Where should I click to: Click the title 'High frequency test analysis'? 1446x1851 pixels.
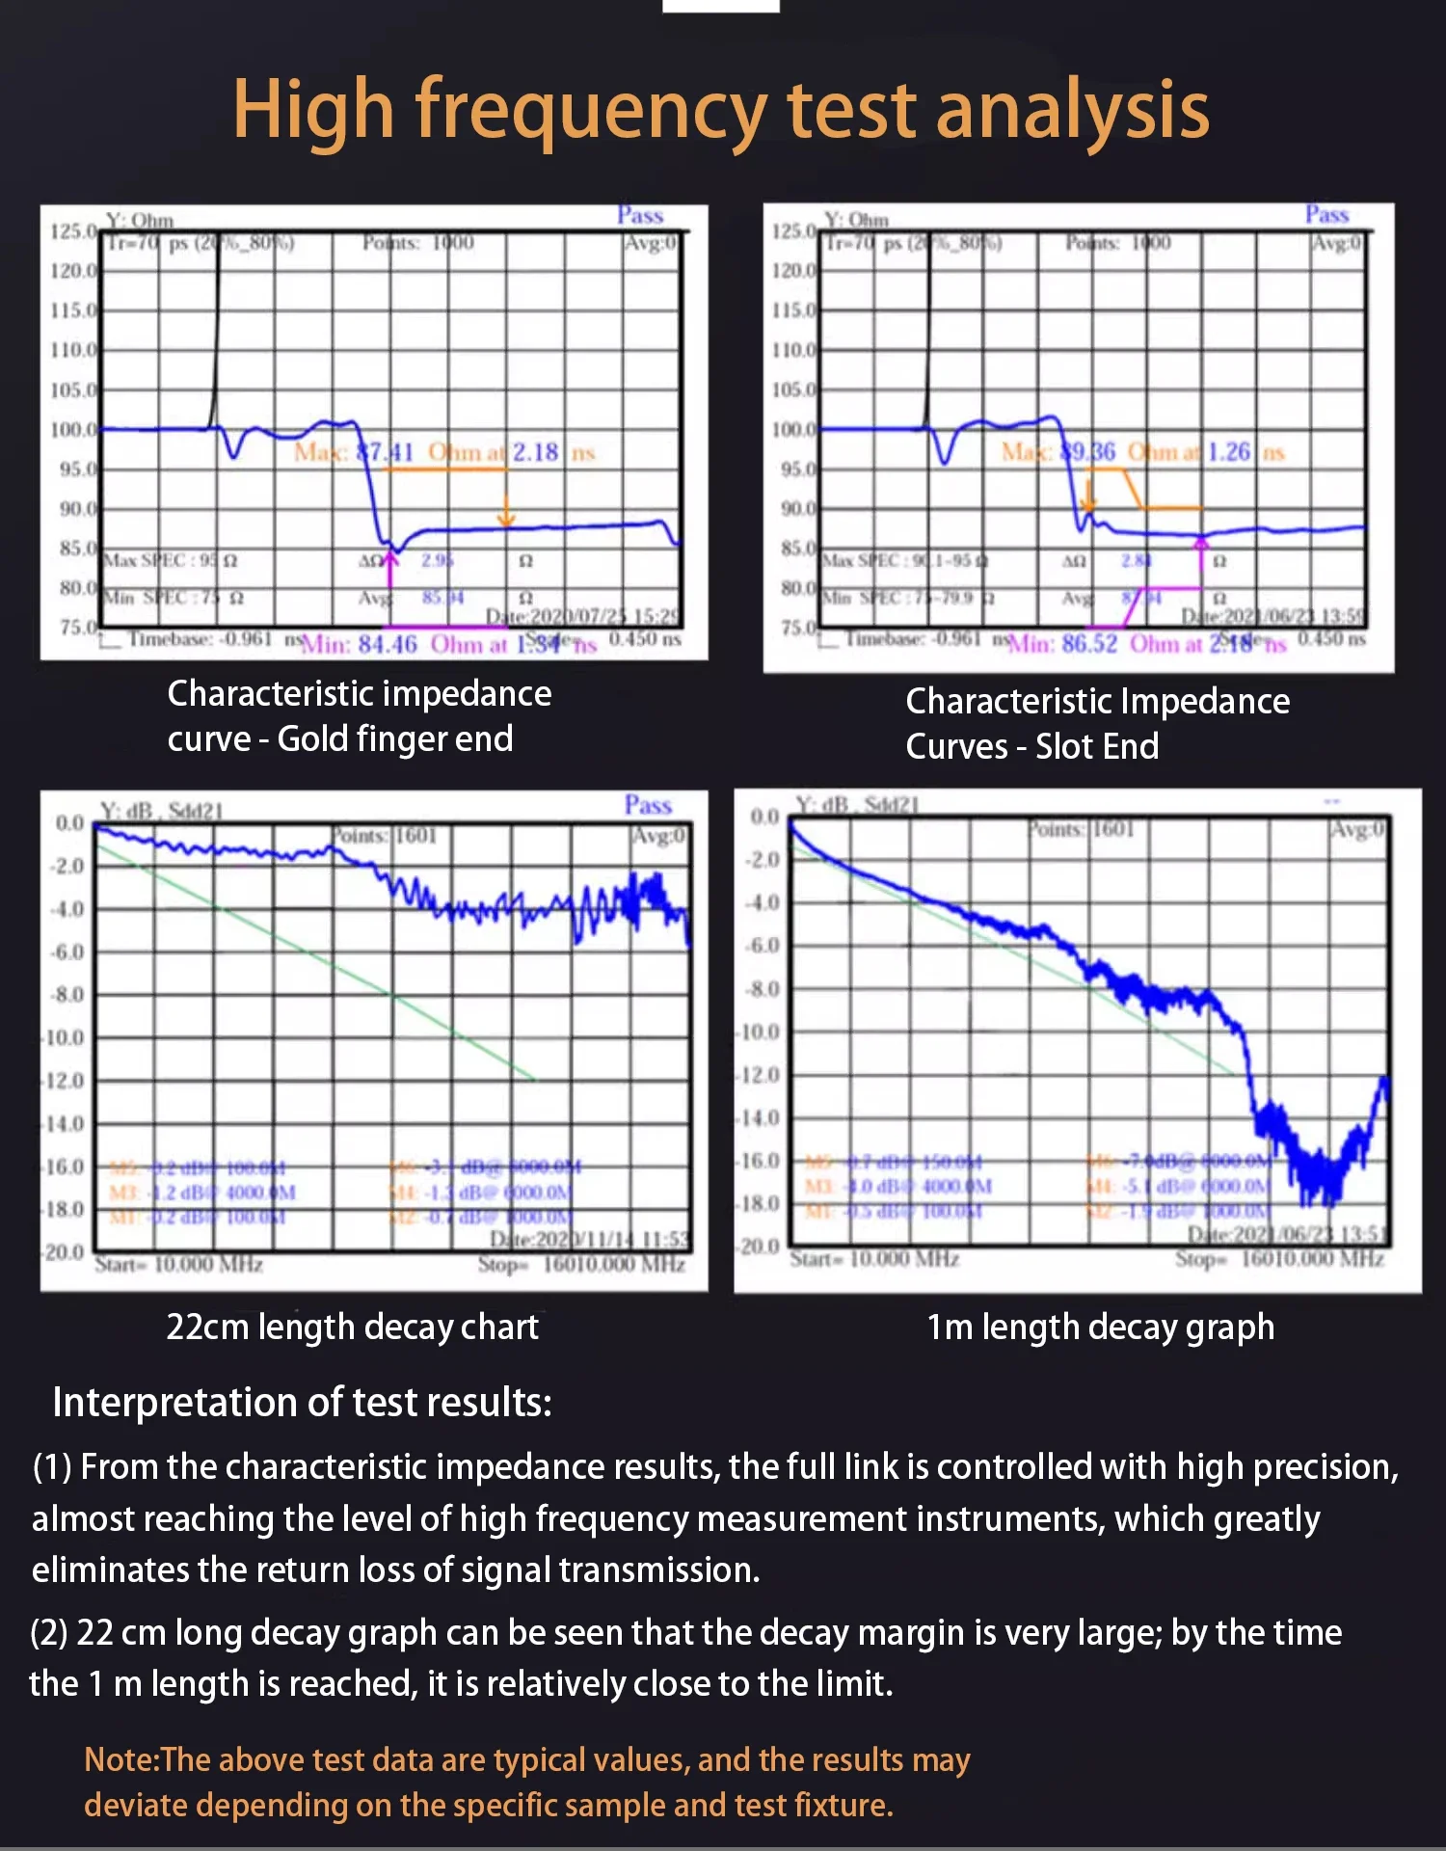click(721, 110)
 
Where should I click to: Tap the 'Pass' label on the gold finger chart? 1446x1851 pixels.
click(640, 215)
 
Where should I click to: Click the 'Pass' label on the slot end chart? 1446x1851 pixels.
click(1326, 214)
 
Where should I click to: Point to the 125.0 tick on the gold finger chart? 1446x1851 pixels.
click(73, 231)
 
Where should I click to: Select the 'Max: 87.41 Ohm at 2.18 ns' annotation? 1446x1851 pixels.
click(444, 452)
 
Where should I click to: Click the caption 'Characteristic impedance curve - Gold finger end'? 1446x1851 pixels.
click(359, 715)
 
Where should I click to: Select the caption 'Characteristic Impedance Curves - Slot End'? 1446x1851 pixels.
click(1097, 723)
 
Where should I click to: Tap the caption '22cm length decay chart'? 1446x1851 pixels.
click(352, 1328)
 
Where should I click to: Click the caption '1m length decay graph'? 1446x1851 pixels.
click(1100, 1328)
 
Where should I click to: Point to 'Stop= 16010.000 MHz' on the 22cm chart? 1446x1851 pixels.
click(581, 1264)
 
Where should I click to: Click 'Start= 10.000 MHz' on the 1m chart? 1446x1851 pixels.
click(874, 1259)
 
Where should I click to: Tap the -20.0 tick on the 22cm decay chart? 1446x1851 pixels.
click(64, 1252)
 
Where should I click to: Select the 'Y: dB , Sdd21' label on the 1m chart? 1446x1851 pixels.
click(857, 805)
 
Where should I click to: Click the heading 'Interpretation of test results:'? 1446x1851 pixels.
click(302, 1403)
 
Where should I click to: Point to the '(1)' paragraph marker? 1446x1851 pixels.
click(52, 1467)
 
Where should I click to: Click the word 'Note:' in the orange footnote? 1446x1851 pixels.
click(121, 1760)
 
